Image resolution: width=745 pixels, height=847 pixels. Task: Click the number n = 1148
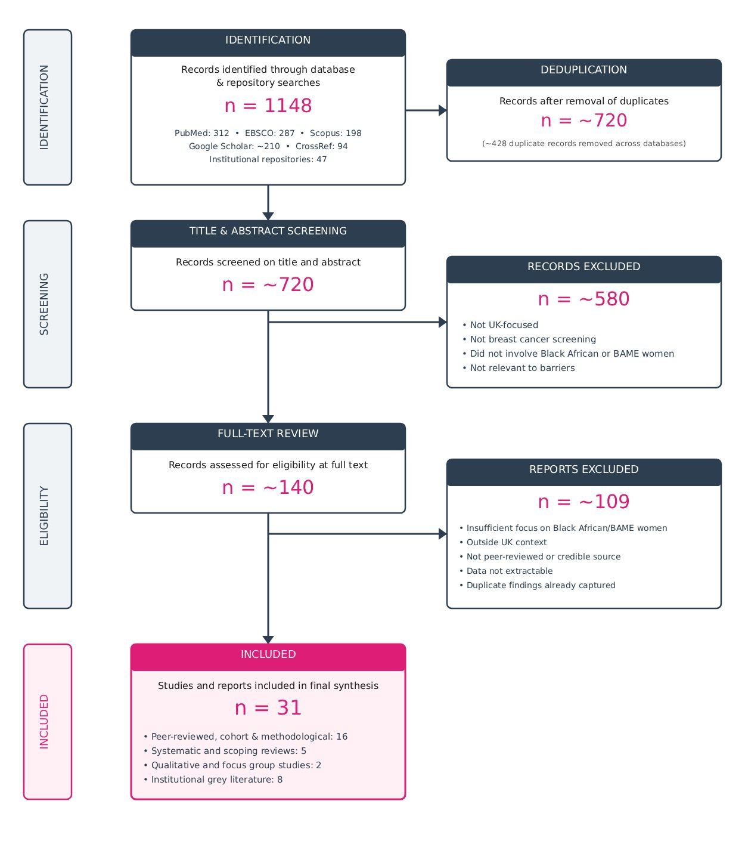coord(268,106)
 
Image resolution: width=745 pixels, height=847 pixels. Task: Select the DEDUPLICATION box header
coord(583,73)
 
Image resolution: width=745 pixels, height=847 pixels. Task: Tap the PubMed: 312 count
coord(201,133)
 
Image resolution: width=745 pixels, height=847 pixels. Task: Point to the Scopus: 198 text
coord(336,133)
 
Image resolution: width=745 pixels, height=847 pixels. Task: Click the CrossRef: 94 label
coord(321,146)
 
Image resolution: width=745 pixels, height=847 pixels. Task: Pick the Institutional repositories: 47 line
coord(268,159)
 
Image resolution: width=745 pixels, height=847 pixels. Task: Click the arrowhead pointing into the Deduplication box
coord(442,110)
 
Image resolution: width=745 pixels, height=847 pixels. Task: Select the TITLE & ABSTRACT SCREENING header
coord(268,234)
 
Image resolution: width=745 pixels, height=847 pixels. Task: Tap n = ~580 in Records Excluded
coord(583,299)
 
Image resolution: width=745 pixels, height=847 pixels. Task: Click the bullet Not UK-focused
coord(500,325)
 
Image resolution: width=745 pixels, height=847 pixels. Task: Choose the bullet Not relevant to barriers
coord(519,368)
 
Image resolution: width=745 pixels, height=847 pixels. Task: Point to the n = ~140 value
coord(268,487)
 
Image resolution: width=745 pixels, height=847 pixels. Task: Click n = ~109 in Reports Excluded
coord(583,501)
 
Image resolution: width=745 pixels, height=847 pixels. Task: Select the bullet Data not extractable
coord(505,571)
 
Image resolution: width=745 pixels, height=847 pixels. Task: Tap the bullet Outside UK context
coord(502,542)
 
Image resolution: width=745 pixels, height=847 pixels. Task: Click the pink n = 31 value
coord(268,707)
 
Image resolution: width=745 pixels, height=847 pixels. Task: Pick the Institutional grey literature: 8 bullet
coord(213,779)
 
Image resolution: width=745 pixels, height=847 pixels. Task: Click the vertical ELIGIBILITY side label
coord(44,515)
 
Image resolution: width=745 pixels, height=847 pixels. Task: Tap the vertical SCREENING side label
coord(44,304)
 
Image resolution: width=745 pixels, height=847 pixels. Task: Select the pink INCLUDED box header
coord(268,657)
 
